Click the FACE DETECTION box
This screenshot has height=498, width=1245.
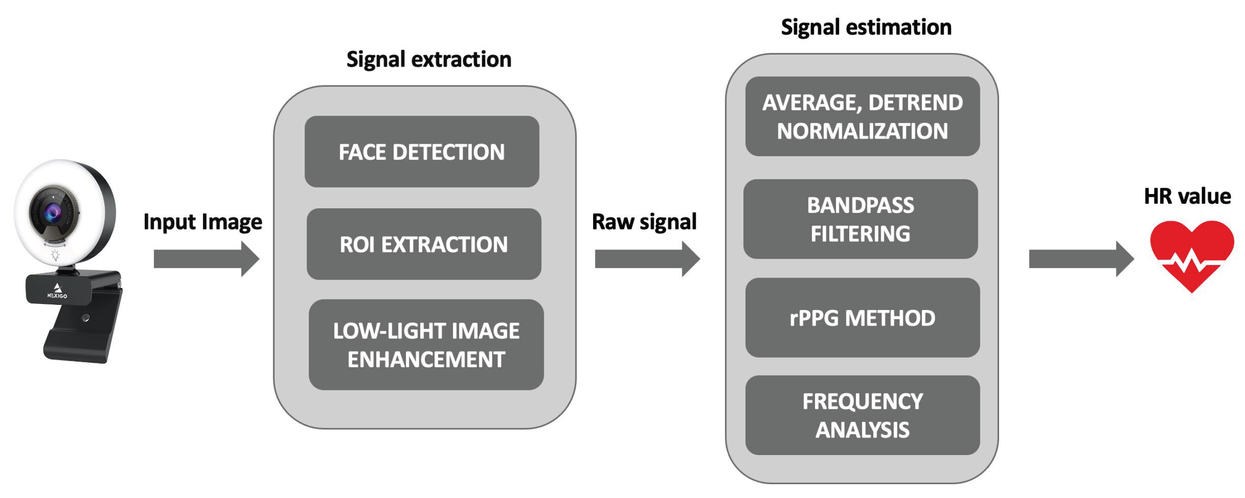click(x=422, y=152)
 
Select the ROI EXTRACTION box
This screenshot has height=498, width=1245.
click(x=423, y=244)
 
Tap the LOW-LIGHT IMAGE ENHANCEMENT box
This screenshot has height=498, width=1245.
click(x=426, y=345)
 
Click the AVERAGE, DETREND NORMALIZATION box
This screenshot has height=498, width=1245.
click(x=862, y=116)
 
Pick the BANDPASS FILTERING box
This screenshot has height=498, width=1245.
click(x=860, y=219)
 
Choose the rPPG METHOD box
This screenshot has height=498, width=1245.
click(x=862, y=318)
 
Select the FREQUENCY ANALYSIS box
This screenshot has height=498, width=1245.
click(x=862, y=415)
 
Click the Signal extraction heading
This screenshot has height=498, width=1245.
click(x=429, y=60)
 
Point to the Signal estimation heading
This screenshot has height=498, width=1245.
click(x=866, y=27)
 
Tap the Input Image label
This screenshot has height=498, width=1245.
click(x=202, y=222)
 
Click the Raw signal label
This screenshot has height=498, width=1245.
click(x=644, y=222)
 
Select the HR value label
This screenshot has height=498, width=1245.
click(x=1187, y=196)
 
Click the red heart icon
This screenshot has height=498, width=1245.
click(x=1191, y=254)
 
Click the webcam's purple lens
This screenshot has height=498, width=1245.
click(x=53, y=212)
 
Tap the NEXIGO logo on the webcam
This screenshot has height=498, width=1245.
click(x=57, y=291)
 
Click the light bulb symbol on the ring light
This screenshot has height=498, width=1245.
click(x=55, y=255)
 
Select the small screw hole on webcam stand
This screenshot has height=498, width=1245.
click(x=86, y=317)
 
